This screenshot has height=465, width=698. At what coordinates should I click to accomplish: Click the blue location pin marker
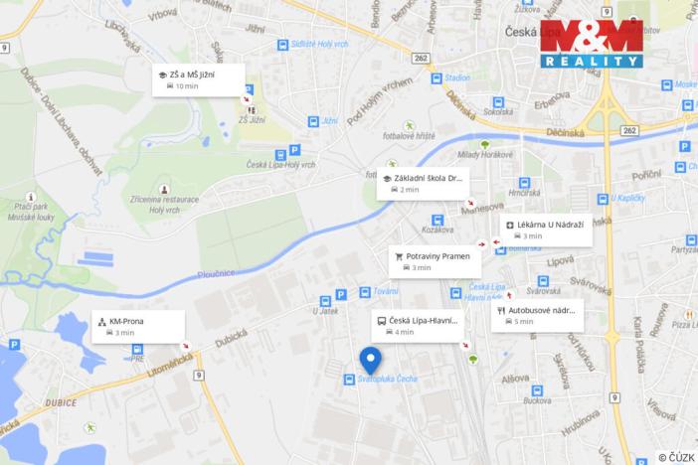pyautogui.click(x=371, y=360)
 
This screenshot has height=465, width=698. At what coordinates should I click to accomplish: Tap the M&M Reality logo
pyautogui.click(x=592, y=44)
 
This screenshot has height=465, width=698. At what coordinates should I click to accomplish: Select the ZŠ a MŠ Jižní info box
pyautogui.click(x=199, y=79)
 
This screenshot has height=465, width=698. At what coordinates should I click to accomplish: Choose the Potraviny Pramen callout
pyautogui.click(x=435, y=261)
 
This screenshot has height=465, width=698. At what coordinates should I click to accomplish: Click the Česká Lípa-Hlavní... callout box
pyautogui.click(x=419, y=325)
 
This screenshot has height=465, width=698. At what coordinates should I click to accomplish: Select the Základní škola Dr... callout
pyautogui.click(x=422, y=183)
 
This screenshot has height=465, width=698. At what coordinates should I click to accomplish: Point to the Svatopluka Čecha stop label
pyautogui.click(x=388, y=380)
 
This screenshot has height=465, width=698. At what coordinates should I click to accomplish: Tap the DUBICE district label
pyautogui.click(x=62, y=402)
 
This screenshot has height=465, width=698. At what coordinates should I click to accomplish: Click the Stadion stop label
pyautogui.click(x=456, y=77)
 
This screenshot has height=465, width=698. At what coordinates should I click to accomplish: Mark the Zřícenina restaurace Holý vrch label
pyautogui.click(x=164, y=205)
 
